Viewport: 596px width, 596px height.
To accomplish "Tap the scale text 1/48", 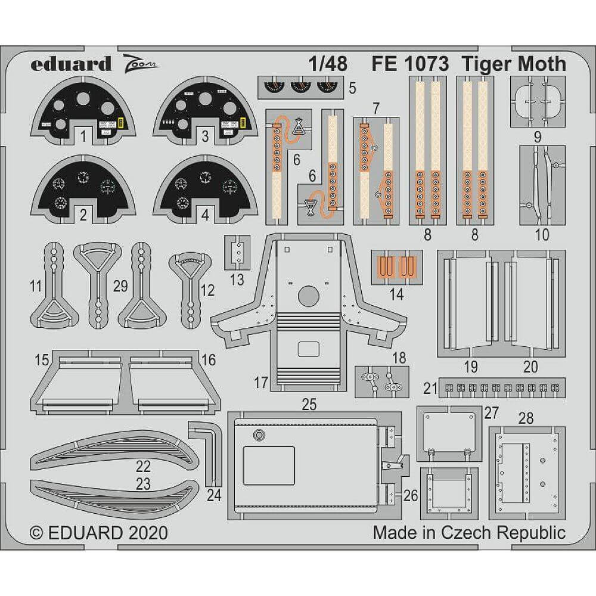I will pos(328,64).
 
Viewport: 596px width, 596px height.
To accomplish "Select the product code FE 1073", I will pos(409,64).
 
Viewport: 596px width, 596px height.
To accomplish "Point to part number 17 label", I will pos(260,383).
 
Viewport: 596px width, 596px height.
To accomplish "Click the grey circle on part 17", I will pos(308,295).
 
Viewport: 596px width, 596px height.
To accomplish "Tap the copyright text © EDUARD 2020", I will pos(98,532).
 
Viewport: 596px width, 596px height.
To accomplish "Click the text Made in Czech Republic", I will pos(469,532).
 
